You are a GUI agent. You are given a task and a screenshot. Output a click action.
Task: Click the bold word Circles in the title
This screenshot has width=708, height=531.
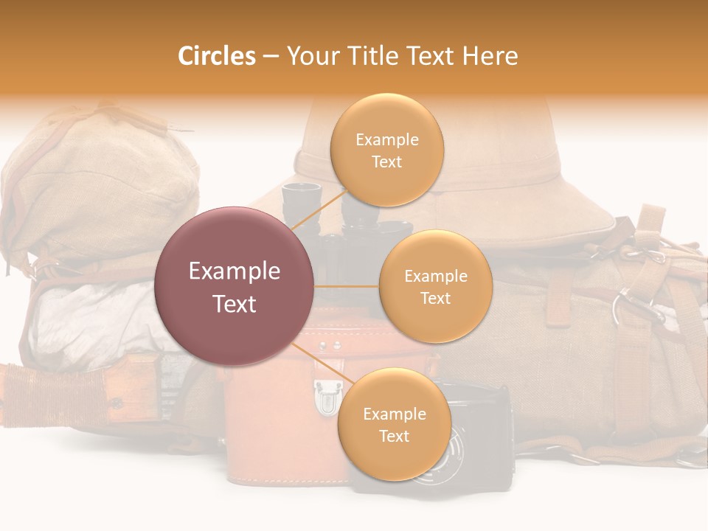coord(216,56)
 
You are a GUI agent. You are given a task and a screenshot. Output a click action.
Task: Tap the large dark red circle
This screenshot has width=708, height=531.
coord(235,286)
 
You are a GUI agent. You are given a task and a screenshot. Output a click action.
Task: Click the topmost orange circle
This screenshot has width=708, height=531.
coord(387,150)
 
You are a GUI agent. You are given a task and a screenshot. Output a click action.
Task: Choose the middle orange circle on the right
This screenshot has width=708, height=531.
coord(435,286)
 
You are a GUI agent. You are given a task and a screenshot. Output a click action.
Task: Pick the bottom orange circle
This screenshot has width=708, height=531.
coord(394,424)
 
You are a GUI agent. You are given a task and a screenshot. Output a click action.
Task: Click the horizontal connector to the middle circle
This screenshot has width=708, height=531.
coord(347,286)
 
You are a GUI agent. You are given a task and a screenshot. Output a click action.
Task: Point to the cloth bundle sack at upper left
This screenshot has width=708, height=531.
coord(96,184)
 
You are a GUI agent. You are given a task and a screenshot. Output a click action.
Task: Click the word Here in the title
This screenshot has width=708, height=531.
coord(490,56)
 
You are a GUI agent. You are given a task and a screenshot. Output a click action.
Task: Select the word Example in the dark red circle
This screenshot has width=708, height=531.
coord(235,271)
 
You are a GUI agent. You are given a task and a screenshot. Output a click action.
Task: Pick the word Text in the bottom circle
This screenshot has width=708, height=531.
coord(394,436)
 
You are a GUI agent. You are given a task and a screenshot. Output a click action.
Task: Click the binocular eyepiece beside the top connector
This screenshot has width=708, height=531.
coord(295,195)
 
